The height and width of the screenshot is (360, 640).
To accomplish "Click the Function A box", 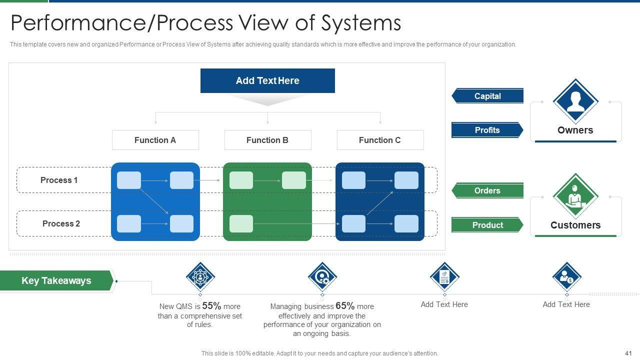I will click(155, 140).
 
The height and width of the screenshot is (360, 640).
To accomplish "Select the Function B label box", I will click(267, 140).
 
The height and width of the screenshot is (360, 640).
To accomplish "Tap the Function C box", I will click(380, 140).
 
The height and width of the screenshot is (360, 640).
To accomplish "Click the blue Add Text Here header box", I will click(267, 80).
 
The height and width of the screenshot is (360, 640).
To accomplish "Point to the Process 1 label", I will click(59, 180).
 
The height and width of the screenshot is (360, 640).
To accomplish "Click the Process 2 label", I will click(61, 223).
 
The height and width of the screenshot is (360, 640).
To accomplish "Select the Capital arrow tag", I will click(487, 96).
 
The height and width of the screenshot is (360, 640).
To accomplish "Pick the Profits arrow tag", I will click(487, 130).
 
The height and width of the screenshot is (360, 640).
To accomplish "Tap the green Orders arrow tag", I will click(487, 190).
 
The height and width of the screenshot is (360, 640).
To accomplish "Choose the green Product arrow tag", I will click(487, 225).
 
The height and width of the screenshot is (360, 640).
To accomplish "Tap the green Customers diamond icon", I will click(575, 195).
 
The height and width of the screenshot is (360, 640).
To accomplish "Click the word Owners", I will click(575, 130).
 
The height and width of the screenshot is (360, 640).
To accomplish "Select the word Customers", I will click(575, 225).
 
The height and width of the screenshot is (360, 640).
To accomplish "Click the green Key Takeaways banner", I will click(56, 280).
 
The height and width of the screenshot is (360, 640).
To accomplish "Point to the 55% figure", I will click(211, 306).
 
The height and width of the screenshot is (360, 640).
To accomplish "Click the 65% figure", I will click(345, 306).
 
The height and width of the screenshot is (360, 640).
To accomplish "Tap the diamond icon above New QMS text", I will click(200, 276).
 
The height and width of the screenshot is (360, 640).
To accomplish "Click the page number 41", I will click(628, 353).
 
